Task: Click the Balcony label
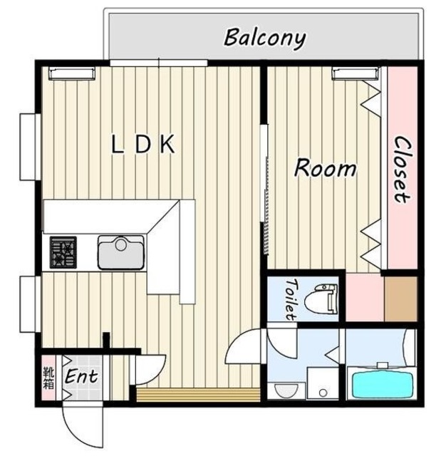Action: (x=265, y=38)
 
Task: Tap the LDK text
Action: (x=143, y=144)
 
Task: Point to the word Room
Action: (x=326, y=168)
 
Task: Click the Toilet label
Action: (x=291, y=299)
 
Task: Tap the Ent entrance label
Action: (x=81, y=377)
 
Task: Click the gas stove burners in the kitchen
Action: (x=63, y=252)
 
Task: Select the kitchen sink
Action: (x=121, y=252)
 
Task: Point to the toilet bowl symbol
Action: (x=321, y=299)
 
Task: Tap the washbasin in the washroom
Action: (x=286, y=391)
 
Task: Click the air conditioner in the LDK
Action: (x=72, y=73)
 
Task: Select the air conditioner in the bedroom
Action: (x=356, y=73)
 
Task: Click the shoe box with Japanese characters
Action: (x=48, y=378)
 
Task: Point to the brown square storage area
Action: (x=401, y=299)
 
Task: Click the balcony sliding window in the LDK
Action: (x=159, y=63)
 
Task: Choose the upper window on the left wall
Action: (x=30, y=147)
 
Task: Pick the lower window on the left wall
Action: (x=30, y=304)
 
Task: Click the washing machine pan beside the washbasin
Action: (x=323, y=383)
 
